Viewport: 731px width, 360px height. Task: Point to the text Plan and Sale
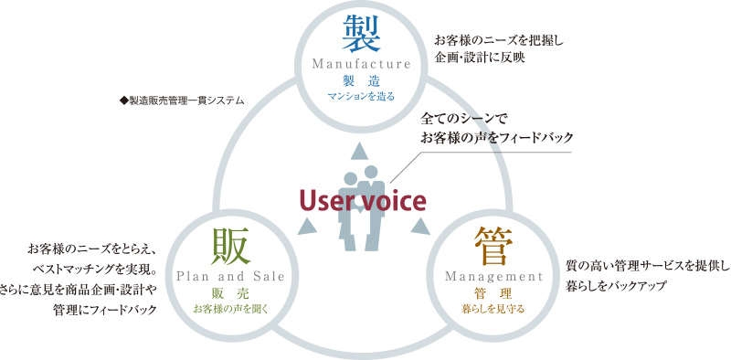(x=230, y=275)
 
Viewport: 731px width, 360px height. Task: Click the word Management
(x=493, y=275)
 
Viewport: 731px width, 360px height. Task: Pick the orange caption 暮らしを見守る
(x=493, y=308)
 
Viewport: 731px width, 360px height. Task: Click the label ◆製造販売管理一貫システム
(x=182, y=99)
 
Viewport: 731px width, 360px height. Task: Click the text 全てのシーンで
(x=463, y=119)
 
